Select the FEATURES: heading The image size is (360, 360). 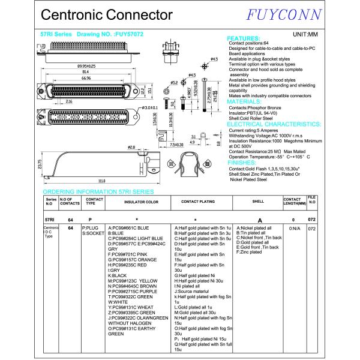pos(244,40)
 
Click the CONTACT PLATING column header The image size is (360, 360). pos(197,202)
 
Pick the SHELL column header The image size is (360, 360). pos(258,202)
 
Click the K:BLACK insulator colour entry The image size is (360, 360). pos(118,275)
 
